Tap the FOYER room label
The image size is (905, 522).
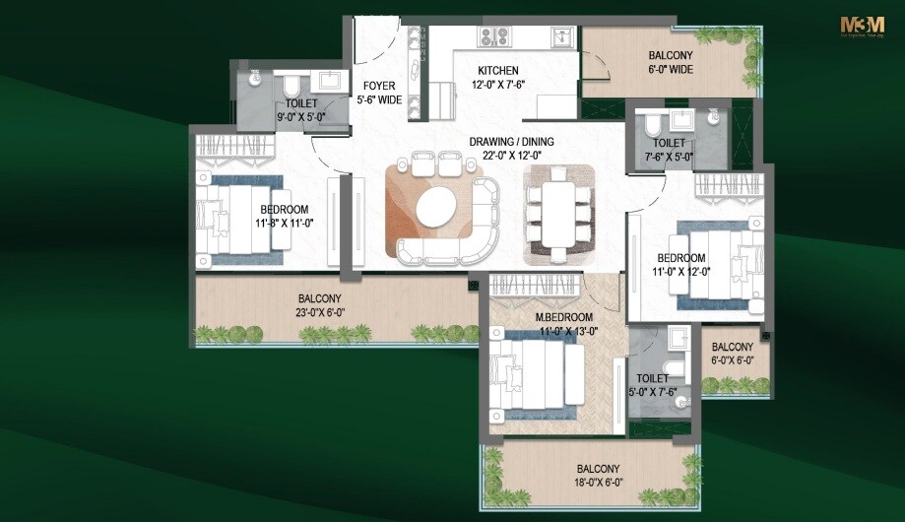[x=379, y=86]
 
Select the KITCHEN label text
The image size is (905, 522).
[x=497, y=71]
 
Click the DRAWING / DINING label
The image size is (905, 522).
[x=511, y=142]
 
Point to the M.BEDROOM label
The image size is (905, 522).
[x=563, y=317]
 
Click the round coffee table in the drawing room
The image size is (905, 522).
[x=436, y=209]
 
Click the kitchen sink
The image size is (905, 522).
[x=559, y=37]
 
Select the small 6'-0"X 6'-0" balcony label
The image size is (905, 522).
[x=732, y=359]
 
